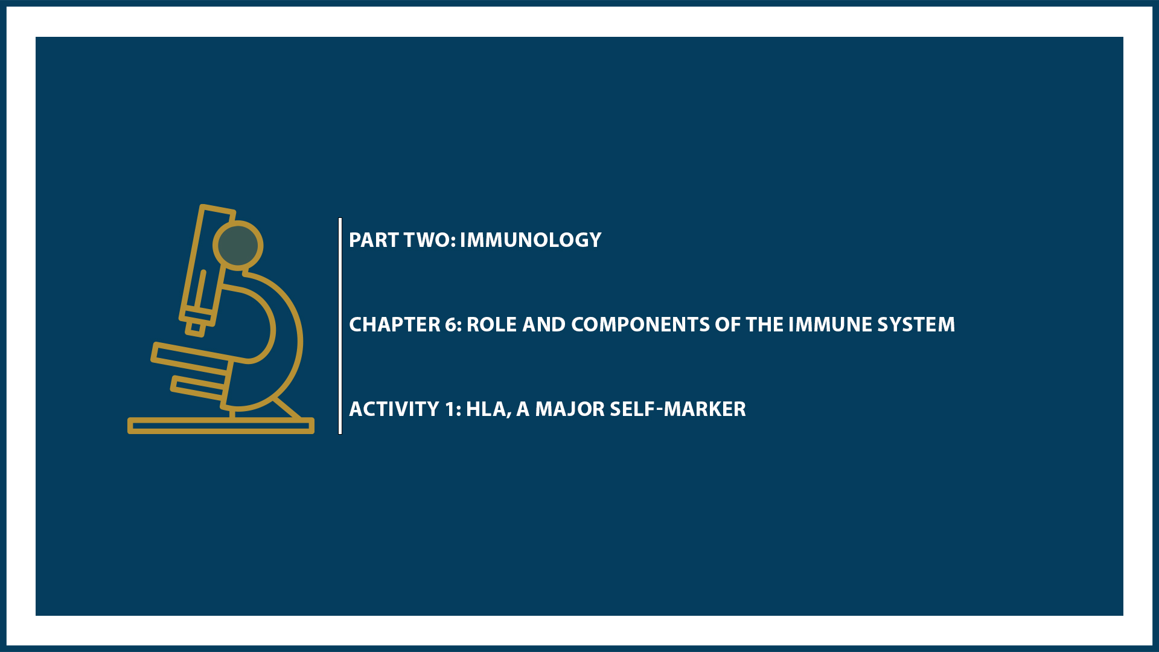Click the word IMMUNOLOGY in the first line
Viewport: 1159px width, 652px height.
point(530,240)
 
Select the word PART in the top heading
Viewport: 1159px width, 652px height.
point(374,240)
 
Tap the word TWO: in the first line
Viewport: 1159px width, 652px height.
point(429,240)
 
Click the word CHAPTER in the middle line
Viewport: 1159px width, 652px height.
point(395,325)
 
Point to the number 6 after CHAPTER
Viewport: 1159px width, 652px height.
point(451,325)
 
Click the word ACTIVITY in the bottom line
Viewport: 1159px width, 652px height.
point(394,409)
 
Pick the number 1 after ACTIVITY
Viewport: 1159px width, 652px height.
point(450,409)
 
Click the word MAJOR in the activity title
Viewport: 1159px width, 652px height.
point(570,409)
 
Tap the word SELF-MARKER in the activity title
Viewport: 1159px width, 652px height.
point(678,409)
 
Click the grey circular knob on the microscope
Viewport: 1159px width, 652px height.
point(238,245)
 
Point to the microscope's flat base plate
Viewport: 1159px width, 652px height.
point(221,426)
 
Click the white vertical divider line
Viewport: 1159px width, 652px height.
point(340,326)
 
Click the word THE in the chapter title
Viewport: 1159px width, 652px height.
point(764,325)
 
